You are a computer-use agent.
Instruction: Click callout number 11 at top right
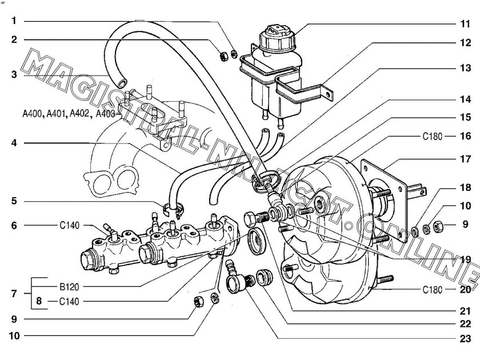[465, 24]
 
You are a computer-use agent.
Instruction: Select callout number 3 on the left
[14, 74]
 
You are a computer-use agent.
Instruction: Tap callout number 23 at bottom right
[465, 338]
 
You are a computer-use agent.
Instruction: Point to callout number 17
[465, 159]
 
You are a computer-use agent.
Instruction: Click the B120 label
[69, 287]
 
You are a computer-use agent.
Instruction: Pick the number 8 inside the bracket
[39, 301]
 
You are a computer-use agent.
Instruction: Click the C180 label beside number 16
[432, 136]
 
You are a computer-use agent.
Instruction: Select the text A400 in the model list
[33, 114]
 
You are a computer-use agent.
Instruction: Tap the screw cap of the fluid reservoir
[277, 38]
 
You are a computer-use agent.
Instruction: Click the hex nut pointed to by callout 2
[223, 57]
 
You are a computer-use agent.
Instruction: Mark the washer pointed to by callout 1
[234, 54]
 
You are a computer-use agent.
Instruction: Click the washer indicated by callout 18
[415, 231]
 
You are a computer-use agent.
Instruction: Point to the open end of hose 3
[122, 83]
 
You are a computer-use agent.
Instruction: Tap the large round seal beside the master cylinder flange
[257, 241]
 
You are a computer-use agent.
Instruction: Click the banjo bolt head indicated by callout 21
[250, 218]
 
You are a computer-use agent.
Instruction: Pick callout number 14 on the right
[465, 99]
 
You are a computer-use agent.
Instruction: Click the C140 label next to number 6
[70, 225]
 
